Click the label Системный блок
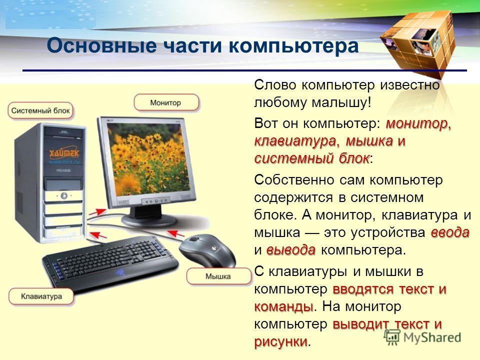(x=40, y=111)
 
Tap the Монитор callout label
(x=166, y=102)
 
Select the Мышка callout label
(x=218, y=276)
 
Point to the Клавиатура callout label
(x=41, y=296)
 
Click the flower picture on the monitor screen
(x=149, y=159)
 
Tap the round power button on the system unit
(x=63, y=195)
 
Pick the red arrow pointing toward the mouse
(x=176, y=233)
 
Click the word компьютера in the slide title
(x=293, y=46)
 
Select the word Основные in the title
(x=101, y=46)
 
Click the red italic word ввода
(x=449, y=232)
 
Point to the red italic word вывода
(x=291, y=250)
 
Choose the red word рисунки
(x=281, y=341)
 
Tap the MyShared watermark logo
(x=423, y=337)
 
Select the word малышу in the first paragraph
(x=341, y=102)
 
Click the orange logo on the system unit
(x=64, y=153)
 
